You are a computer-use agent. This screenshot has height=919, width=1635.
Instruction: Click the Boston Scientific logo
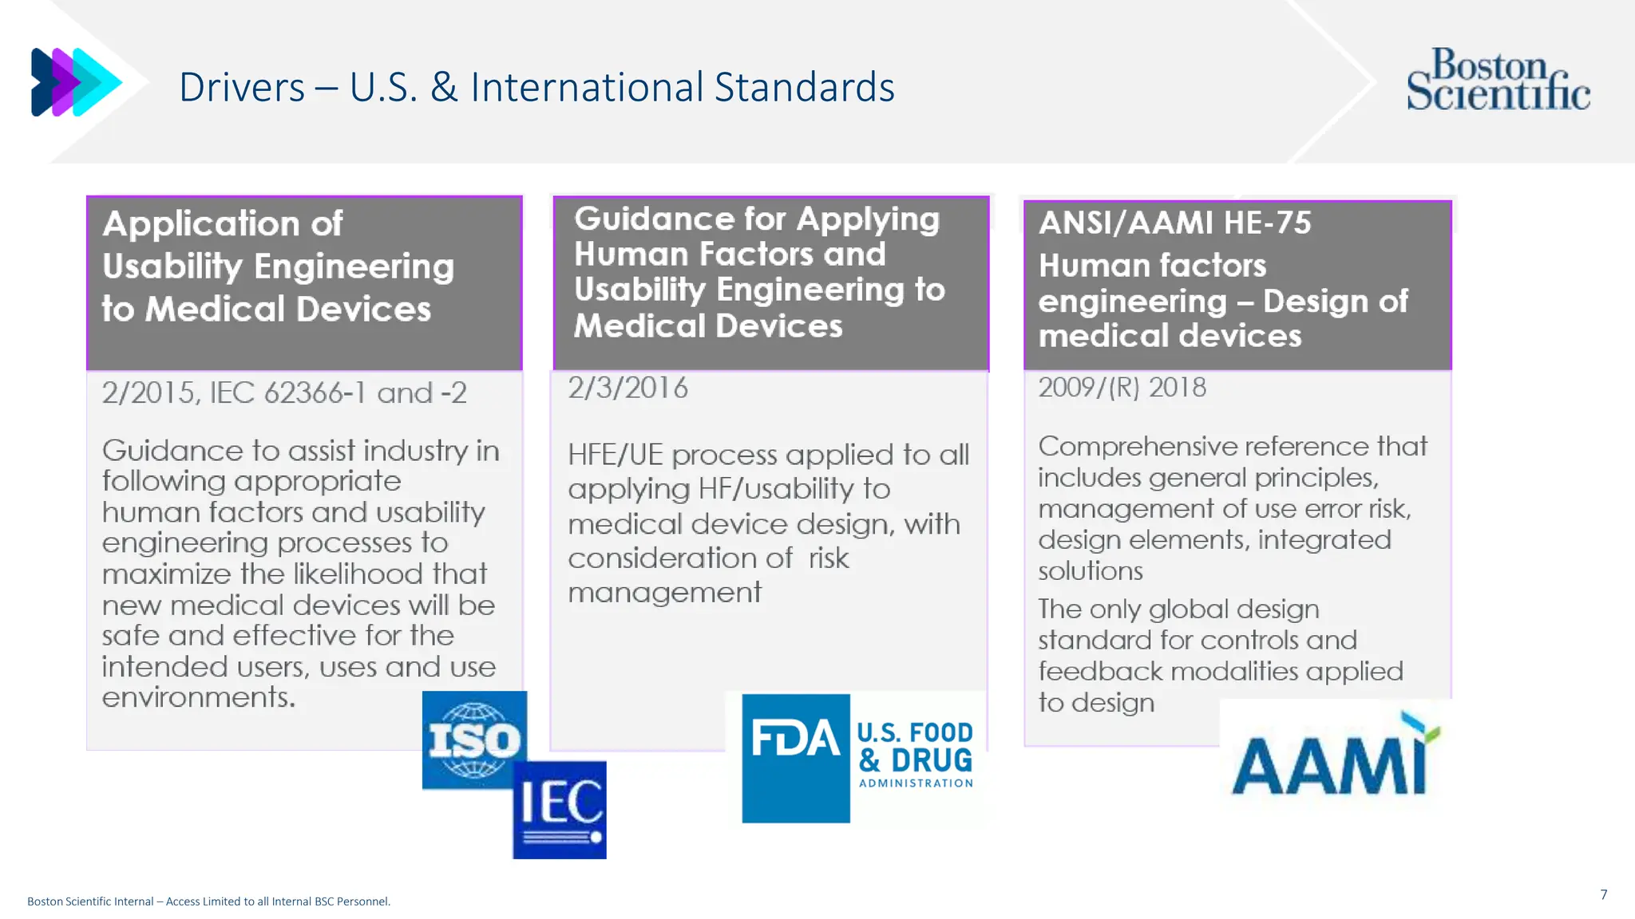[x=1498, y=79]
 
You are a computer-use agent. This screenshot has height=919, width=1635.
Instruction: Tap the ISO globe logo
[x=474, y=740]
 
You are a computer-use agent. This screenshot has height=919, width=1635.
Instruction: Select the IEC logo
[x=560, y=809]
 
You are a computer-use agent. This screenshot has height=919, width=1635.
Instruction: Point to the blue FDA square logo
[x=795, y=757]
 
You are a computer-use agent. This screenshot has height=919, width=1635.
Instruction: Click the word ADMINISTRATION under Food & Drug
[x=916, y=783]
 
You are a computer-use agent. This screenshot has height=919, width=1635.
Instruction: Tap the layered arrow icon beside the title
[x=76, y=82]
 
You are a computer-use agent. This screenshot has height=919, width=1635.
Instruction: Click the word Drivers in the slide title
[x=242, y=87]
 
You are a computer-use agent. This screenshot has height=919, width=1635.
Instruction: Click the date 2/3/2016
[x=627, y=389]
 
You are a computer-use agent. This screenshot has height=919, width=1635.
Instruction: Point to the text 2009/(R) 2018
[x=1122, y=388]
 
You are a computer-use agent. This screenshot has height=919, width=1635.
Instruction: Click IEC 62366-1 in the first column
[x=288, y=393]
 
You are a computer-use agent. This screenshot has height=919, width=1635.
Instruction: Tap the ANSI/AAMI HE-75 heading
[x=1174, y=223]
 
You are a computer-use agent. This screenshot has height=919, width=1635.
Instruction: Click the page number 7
[x=1603, y=894]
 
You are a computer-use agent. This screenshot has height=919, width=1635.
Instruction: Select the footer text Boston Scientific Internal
[x=90, y=901]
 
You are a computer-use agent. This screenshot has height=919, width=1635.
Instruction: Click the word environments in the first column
[x=198, y=698]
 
